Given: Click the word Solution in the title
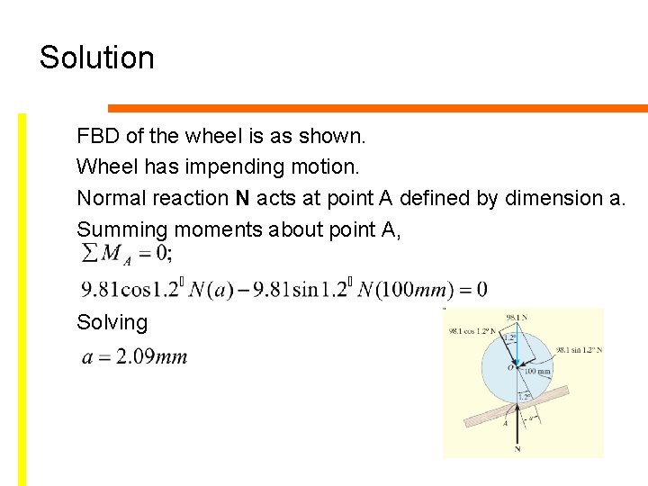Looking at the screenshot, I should coord(97,58).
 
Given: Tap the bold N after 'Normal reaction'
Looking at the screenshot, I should coord(242,198).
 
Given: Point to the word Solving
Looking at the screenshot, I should coord(112,322).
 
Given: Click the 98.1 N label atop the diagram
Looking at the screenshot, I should coord(517,318).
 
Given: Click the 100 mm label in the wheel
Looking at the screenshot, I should coord(538,371).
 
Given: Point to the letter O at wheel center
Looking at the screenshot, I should coord(510,367).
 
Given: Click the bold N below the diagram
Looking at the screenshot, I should coord(517,449).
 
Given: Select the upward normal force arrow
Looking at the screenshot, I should coord(517,423).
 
